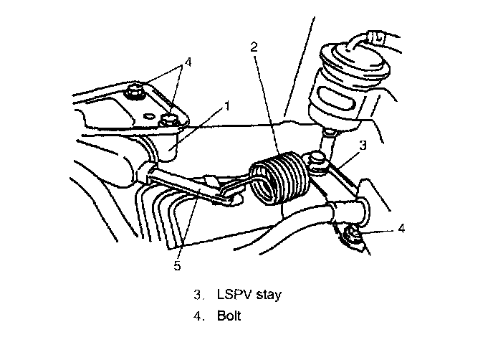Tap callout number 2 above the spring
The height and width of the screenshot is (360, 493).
tap(254, 47)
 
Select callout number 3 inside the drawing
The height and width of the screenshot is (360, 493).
tap(363, 145)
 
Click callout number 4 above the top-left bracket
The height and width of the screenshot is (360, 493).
tap(188, 62)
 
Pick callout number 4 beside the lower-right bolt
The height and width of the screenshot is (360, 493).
tap(401, 229)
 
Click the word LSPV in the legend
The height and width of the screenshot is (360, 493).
tap(232, 295)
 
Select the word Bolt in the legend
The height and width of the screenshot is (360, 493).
tap(228, 314)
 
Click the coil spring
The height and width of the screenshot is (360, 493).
tap(279, 179)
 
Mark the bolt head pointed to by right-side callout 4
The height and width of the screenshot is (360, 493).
tap(353, 233)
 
